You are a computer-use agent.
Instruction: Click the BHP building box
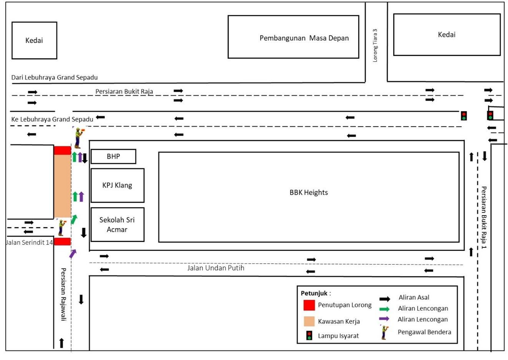113,156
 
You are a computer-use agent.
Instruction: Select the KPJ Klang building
117,185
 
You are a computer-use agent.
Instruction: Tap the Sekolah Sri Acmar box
117,225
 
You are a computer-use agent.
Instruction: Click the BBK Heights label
309,192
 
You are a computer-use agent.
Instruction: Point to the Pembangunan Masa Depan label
304,38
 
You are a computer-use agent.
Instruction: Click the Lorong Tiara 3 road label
375,45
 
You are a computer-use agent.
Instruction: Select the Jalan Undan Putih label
216,268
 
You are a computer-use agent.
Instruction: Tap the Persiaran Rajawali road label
63,294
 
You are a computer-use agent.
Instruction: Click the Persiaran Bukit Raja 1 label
484,217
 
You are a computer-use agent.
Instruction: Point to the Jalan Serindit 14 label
29,242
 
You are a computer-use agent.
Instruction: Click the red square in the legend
309,305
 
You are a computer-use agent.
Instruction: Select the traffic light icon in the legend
309,335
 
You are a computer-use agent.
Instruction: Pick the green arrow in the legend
384,309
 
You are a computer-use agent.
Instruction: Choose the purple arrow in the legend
384,319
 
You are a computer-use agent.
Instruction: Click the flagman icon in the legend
384,332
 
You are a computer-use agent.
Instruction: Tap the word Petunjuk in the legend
314,293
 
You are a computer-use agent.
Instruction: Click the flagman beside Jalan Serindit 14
61,227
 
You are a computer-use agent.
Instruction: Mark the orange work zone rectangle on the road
62,186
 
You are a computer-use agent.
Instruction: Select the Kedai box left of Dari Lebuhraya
34,40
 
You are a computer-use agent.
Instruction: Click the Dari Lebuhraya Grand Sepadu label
54,78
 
